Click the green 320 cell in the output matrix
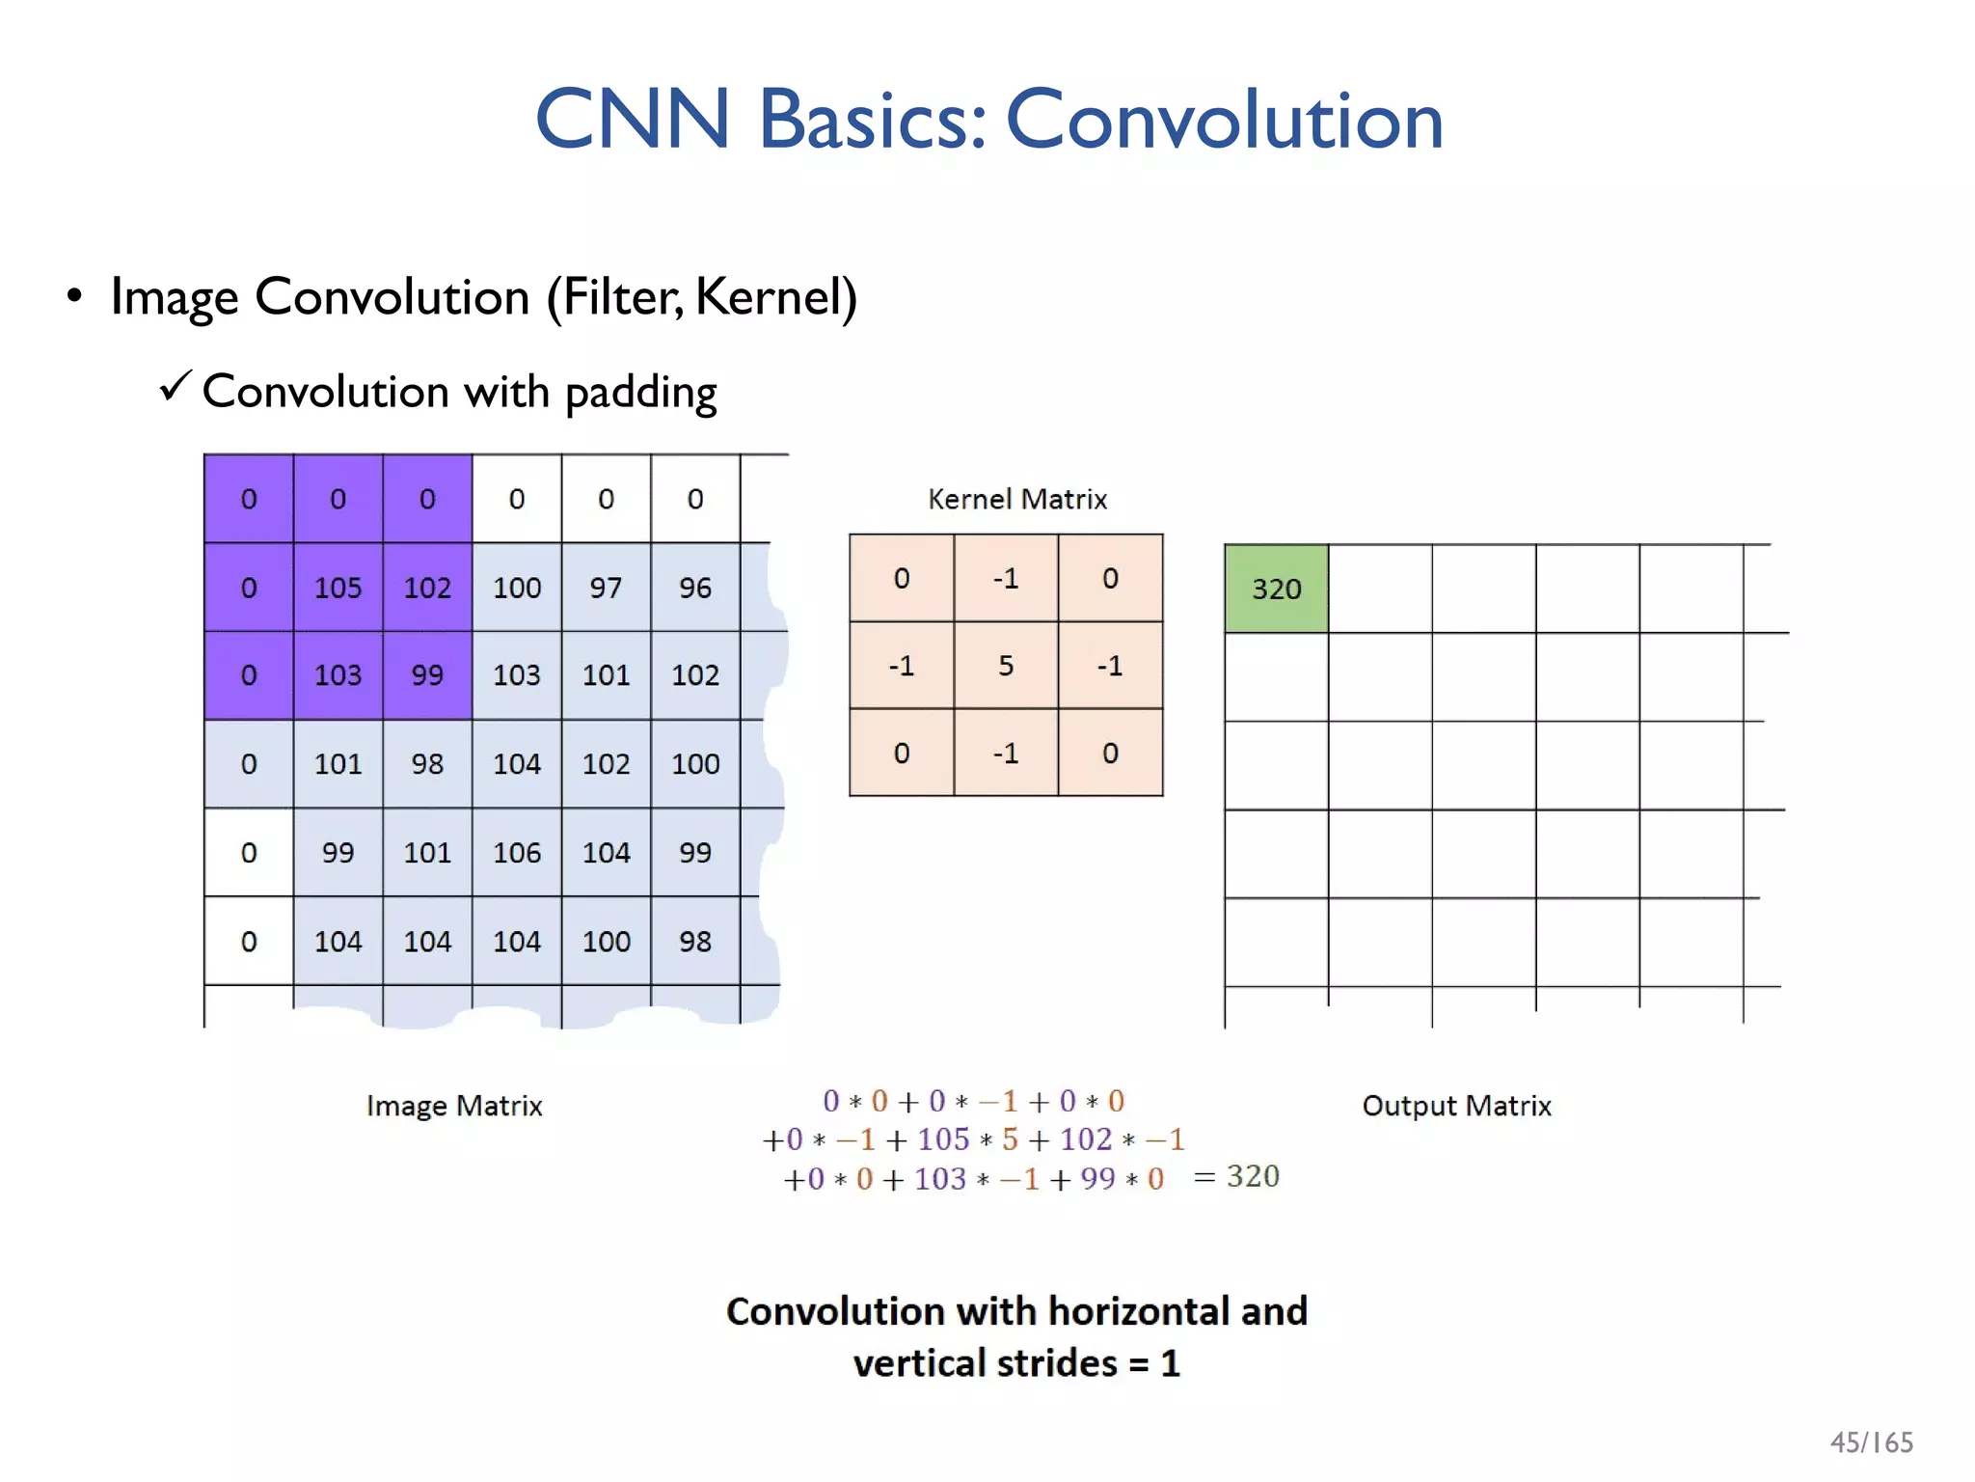click(x=1276, y=589)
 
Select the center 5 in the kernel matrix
click(x=1005, y=666)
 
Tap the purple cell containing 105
click(x=338, y=588)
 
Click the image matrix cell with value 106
click(x=517, y=853)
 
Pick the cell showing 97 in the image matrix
click(x=606, y=588)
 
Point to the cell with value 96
click(x=695, y=588)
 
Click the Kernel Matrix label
click(x=1016, y=499)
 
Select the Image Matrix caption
click(x=454, y=1106)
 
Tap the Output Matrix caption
click(x=1456, y=1106)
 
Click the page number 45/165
click(x=1871, y=1442)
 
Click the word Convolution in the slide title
click(x=1224, y=120)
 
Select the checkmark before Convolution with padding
click(x=176, y=387)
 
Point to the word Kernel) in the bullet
click(x=775, y=297)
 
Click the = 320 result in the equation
click(x=1237, y=1176)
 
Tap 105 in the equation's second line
click(x=943, y=1139)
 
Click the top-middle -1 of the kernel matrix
click(x=1005, y=579)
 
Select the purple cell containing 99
click(x=427, y=675)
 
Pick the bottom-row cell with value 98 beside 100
click(x=695, y=942)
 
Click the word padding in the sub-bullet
click(x=640, y=394)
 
